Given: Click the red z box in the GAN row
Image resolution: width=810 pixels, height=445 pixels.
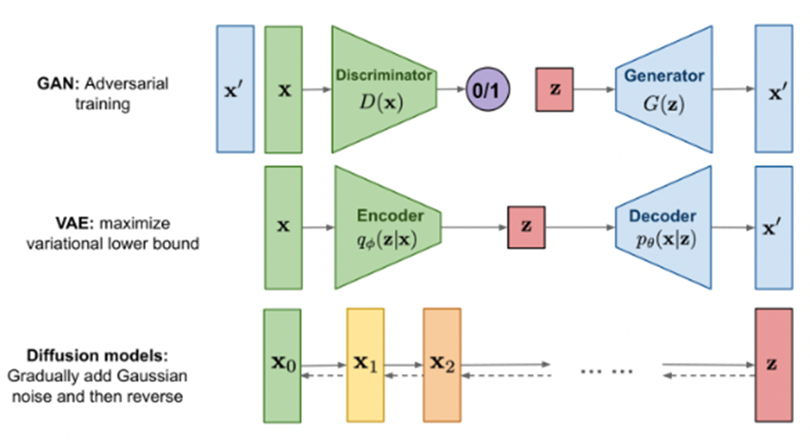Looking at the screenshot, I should coord(555,89).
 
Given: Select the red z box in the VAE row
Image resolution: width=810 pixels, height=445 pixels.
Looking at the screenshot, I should coord(526,226).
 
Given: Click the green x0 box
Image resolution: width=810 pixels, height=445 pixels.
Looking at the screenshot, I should coord(284,364).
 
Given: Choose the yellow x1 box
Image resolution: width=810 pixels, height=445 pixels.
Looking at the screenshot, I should coord(365,364).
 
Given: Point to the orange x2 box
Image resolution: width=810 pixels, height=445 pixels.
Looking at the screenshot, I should coord(442,364).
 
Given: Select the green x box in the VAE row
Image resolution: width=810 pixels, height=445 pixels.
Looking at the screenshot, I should coord(284,226).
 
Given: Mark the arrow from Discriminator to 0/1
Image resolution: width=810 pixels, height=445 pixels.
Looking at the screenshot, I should coord(451,89).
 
